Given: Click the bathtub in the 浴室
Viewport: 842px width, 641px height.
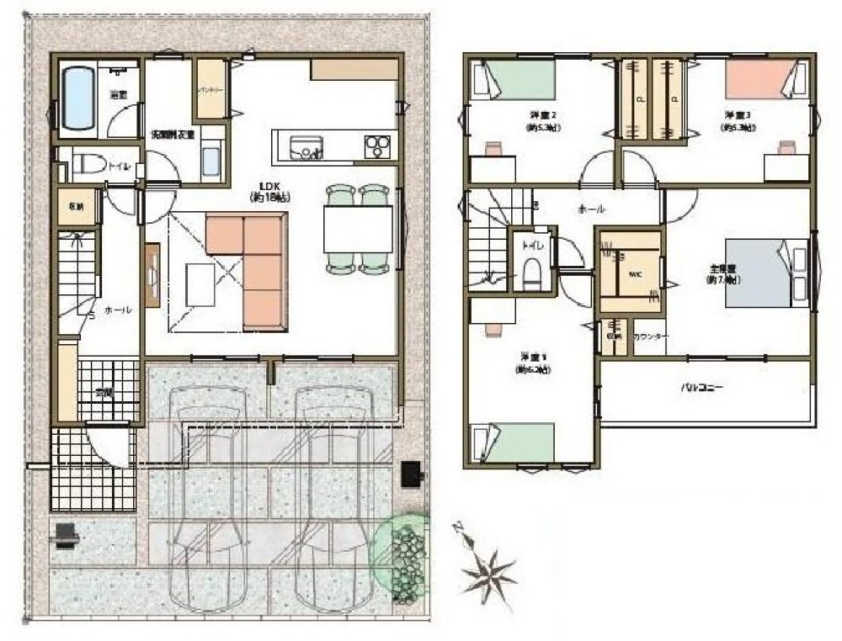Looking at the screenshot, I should [78, 98].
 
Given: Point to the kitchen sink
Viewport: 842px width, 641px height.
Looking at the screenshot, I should [300, 147].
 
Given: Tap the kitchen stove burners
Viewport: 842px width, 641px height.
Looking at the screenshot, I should [378, 146].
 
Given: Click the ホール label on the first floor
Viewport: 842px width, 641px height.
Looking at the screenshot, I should [117, 310].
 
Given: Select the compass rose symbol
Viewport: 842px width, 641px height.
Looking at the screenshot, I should [488, 574].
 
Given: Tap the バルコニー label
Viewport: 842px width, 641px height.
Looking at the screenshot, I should [702, 388].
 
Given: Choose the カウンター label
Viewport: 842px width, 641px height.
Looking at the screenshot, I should [649, 336].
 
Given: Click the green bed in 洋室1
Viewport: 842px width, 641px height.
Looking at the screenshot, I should [513, 442].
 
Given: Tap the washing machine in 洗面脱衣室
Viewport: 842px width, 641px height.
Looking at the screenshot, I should [211, 159].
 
